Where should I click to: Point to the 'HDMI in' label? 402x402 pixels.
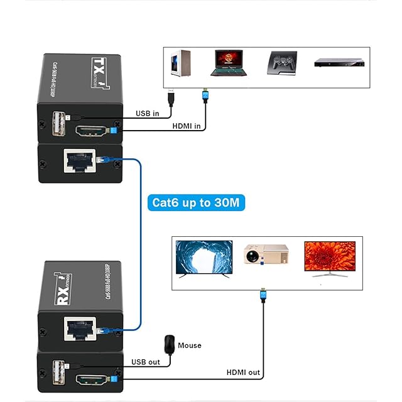point(187,126)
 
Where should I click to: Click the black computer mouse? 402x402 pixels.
point(168,344)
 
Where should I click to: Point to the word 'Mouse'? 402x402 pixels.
point(190,345)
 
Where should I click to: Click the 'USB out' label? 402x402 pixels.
point(146,362)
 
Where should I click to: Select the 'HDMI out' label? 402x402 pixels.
point(243,372)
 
